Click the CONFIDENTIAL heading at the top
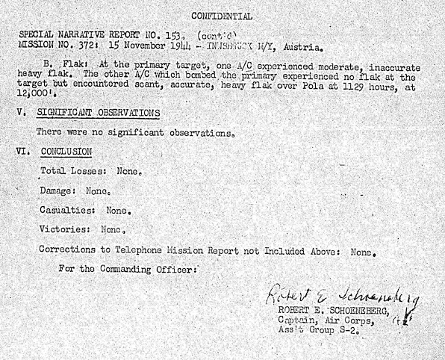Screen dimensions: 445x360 point(222,15)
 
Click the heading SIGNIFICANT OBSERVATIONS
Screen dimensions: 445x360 point(98,113)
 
